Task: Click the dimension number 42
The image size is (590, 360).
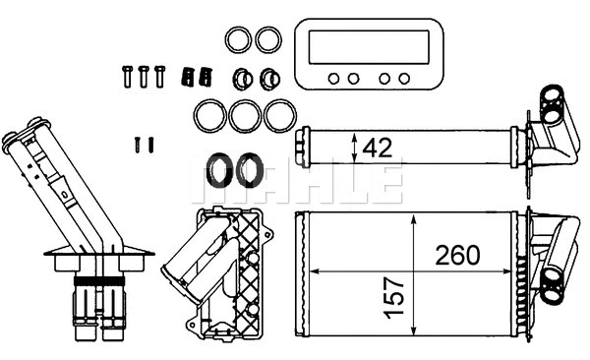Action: [x=379, y=148]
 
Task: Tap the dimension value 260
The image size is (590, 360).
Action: [x=459, y=256]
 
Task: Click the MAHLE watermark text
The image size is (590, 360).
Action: [x=304, y=179]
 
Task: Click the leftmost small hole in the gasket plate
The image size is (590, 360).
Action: [x=334, y=78]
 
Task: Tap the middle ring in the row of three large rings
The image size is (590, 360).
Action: [x=244, y=115]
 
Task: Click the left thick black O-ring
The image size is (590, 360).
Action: [x=220, y=170]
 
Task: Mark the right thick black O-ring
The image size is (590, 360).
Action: [x=251, y=170]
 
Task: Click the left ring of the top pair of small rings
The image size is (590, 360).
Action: [x=236, y=40]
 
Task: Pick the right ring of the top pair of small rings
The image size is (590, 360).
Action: [x=267, y=40]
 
